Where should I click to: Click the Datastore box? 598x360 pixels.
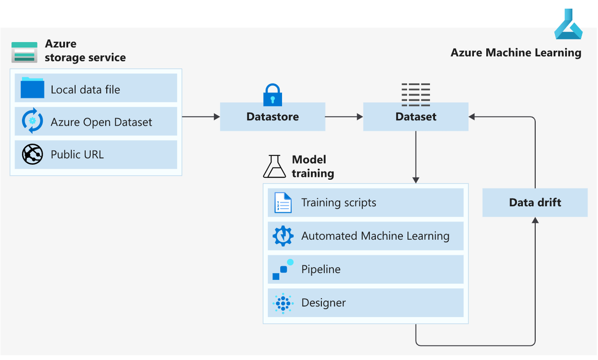coord(273,117)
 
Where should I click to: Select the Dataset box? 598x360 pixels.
coord(416,117)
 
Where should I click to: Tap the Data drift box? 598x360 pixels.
coord(535,202)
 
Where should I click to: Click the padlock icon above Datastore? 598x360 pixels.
coord(273,94)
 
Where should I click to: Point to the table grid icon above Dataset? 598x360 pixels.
coord(416,95)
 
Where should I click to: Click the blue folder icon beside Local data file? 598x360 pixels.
coord(33,88)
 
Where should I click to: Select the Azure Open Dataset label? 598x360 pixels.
coord(101,122)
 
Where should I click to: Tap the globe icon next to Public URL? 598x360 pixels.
coord(33,154)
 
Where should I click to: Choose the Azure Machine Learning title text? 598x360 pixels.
coord(516,52)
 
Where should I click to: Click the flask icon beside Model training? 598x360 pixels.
coord(275,166)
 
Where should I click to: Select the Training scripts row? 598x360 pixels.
coord(365,203)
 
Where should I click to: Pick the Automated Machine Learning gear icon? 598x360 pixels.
coord(283,236)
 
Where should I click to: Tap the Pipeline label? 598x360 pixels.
coord(321,269)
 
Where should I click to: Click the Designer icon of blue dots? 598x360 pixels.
coord(283,303)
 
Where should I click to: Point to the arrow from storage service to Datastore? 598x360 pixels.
coord(201,117)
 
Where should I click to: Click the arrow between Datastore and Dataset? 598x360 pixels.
coord(344,117)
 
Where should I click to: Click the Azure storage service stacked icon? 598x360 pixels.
coord(24,52)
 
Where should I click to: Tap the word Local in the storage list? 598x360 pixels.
coord(63,90)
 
